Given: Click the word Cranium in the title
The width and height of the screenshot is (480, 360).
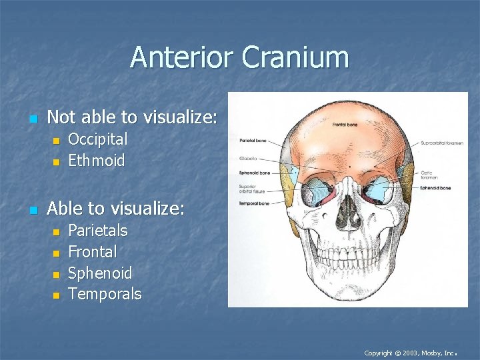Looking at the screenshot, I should (295, 57).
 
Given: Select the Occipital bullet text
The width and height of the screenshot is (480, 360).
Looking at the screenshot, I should (97, 139).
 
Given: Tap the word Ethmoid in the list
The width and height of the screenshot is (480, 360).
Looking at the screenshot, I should (96, 161).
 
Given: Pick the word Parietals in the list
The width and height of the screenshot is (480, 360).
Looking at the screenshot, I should (97, 231).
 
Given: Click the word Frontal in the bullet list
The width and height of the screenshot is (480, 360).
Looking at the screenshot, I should (92, 252).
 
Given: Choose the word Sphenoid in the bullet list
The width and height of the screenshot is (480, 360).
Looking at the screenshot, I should (100, 273).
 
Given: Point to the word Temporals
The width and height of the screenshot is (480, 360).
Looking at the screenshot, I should (105, 294).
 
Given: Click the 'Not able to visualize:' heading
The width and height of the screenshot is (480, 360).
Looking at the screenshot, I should (132, 117).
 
